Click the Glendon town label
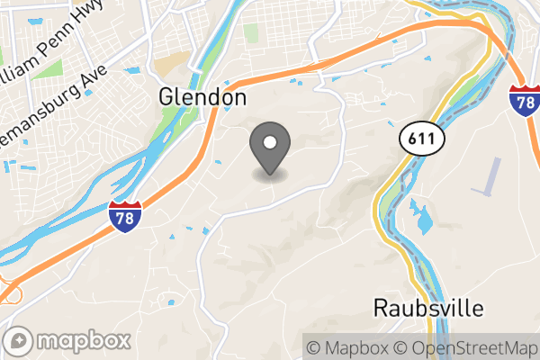coord(202,96)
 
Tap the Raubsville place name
coord(428,307)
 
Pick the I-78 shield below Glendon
coord(125,218)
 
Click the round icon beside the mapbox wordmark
coord(21,342)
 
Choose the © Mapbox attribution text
coord(349,347)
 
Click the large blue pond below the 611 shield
coord(420,217)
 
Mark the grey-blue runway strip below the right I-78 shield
coord(491,176)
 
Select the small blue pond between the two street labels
coord(134,70)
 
